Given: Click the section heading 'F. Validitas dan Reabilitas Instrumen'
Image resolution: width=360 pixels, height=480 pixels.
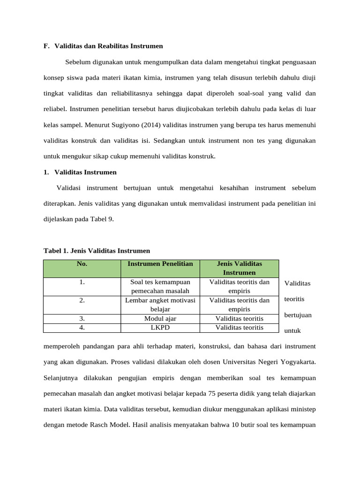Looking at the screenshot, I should [103, 46].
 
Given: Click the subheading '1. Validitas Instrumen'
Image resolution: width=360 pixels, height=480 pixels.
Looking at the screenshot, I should [80, 172].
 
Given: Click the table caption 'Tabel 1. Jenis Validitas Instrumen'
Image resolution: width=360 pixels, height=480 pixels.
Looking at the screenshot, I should [97, 251].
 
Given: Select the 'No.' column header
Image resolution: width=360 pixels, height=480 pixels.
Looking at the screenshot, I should [82, 264].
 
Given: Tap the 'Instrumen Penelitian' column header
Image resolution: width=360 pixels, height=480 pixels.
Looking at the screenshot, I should [160, 264].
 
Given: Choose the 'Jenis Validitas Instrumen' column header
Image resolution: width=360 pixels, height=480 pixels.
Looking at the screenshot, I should [239, 268].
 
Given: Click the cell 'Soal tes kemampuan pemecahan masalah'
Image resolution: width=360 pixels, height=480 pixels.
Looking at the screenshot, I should [160, 286].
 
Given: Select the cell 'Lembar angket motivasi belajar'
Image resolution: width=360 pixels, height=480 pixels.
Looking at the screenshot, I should [160, 305].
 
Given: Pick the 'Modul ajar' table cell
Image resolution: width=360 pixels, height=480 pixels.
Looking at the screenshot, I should [160, 319].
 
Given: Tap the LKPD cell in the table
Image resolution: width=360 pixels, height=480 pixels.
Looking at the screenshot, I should [160, 328].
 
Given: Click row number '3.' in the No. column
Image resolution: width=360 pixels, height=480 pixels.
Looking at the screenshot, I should [82, 319].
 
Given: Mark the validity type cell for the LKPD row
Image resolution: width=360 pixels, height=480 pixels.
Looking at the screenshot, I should [239, 328].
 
